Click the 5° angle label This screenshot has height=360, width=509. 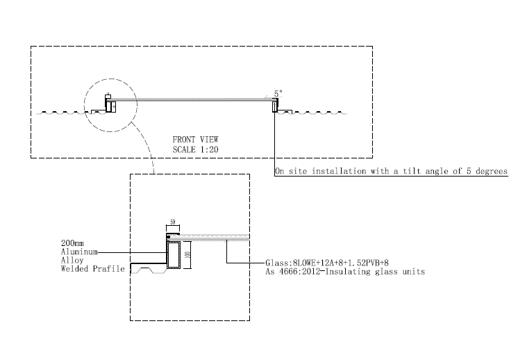pyautogui.click(x=278, y=92)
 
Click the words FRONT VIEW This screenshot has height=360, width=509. pyautogui.click(x=195, y=140)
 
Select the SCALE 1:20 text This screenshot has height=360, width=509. pyautogui.click(x=196, y=149)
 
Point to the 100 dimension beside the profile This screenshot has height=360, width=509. pyautogui.click(x=187, y=255)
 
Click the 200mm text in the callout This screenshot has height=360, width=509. pyautogui.click(x=73, y=243)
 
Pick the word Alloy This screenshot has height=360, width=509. pyautogui.click(x=72, y=260)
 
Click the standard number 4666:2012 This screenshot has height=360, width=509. pyautogui.click(x=300, y=272)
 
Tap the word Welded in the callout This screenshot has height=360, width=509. pyautogui.click(x=75, y=268)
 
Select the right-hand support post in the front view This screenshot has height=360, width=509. pyautogui.click(x=276, y=105)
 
